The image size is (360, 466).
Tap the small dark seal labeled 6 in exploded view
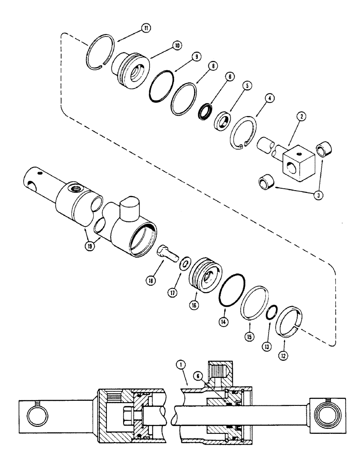[x=204, y=112]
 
